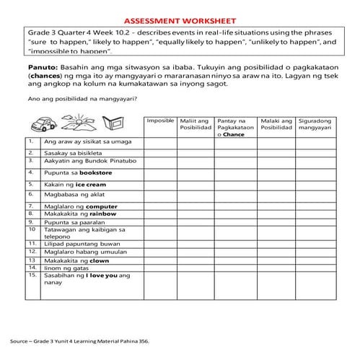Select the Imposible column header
pos(160,120)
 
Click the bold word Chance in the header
pos(235,134)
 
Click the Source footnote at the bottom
pos(79,339)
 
